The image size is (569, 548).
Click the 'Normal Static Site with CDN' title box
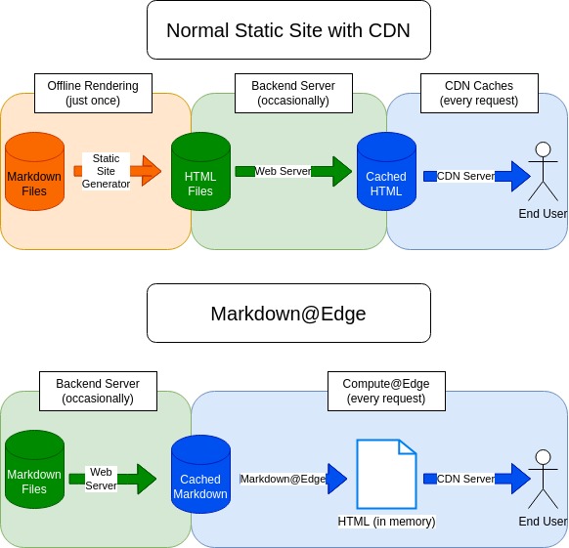tap(288, 29)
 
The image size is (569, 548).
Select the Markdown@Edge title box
tap(288, 313)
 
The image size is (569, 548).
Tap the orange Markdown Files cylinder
tap(34, 171)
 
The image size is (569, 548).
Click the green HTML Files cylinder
tap(200, 171)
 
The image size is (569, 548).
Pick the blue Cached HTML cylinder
tap(386, 171)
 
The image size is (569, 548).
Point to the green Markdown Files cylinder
tap(34, 469)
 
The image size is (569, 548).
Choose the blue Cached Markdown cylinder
tap(200, 474)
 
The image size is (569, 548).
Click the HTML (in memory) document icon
tap(386, 474)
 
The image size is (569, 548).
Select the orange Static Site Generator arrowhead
tap(152, 171)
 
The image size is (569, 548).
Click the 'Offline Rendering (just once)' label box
tap(93, 93)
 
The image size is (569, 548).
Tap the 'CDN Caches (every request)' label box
tap(479, 93)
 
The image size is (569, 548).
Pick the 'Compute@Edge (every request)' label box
tap(386, 391)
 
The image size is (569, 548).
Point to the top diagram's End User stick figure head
tap(544, 149)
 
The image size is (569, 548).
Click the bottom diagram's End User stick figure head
tap(544, 457)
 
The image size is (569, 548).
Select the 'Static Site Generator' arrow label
tap(106, 171)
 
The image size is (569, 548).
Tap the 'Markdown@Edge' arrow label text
tap(283, 479)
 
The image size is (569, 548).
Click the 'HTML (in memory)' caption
tap(386, 522)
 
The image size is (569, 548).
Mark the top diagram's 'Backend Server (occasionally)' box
tap(293, 93)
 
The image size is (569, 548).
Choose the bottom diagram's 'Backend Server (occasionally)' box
tap(98, 391)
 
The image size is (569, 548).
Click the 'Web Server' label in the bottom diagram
tap(101, 479)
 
